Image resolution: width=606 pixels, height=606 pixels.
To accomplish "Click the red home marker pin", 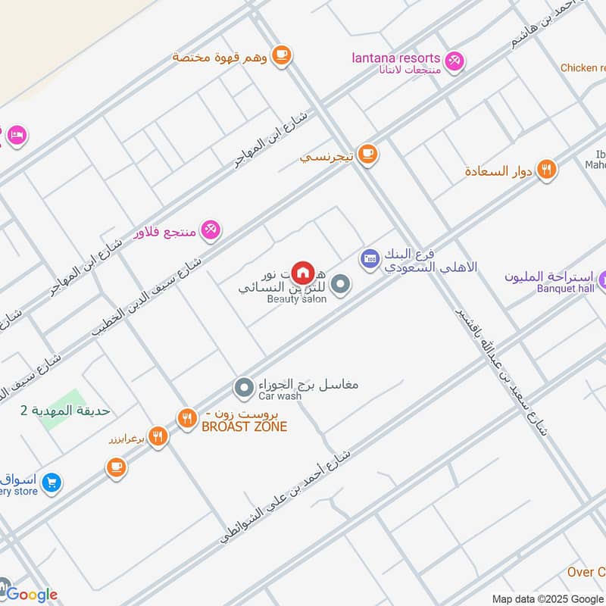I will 303,272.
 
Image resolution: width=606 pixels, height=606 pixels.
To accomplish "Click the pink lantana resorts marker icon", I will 454,60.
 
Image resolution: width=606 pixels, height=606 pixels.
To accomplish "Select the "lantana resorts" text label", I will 396,58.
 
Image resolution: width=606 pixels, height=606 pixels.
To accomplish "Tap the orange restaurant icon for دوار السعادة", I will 545,170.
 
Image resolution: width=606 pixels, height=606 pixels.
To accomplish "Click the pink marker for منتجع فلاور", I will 211,230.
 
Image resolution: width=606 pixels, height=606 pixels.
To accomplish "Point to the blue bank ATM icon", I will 369,259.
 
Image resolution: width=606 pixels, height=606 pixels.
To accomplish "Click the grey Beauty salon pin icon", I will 341,285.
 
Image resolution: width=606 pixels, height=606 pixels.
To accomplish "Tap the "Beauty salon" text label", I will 297,299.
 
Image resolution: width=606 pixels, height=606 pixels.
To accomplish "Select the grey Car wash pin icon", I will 244,389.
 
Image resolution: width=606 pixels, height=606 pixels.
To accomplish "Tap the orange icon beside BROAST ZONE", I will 187,417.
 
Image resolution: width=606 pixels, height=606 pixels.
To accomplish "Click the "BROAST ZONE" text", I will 244,427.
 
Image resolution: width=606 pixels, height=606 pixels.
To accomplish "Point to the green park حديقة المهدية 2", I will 61,410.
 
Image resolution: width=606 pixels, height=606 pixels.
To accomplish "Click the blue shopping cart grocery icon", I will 52,482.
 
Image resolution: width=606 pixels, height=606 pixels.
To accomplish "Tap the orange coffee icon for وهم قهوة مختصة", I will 281,55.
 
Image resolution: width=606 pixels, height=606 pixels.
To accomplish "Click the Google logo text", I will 32,595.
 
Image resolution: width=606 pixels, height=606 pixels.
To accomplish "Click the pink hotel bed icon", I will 16,135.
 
